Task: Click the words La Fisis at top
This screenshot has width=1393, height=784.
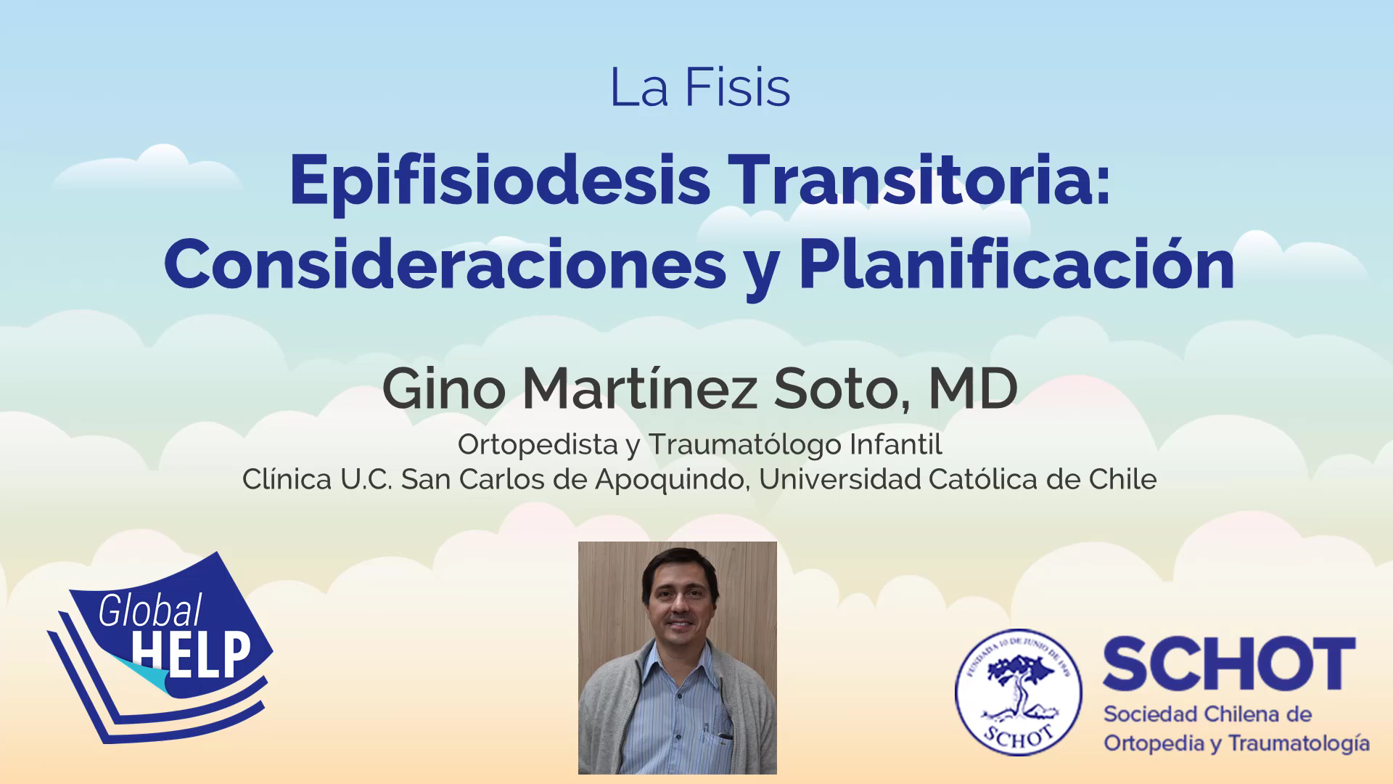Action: point(700,88)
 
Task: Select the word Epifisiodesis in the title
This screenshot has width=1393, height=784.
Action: point(500,181)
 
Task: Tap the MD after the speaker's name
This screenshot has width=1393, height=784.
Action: point(973,389)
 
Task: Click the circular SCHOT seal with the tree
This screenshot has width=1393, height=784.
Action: point(1018,692)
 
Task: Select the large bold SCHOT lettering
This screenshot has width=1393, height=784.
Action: point(1229,663)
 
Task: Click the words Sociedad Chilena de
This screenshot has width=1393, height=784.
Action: point(1207,714)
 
